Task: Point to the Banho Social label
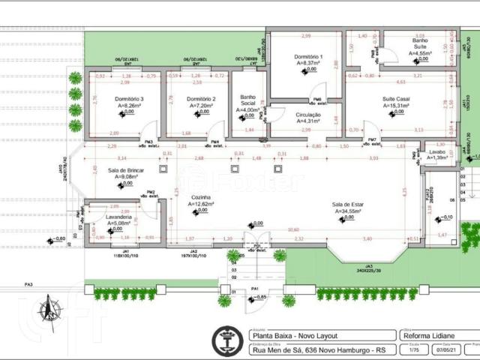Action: point(248,100)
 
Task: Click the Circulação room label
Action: point(308,114)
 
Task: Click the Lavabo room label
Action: point(437,151)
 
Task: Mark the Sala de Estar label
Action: point(349,204)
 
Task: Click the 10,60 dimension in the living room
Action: point(292,229)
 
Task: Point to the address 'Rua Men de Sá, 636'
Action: point(285,349)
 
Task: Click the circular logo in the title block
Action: point(226,341)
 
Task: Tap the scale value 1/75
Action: point(413,350)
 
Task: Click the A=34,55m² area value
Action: point(349,211)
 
